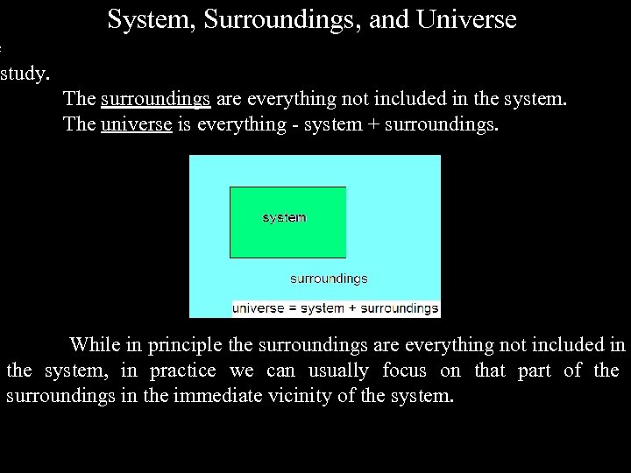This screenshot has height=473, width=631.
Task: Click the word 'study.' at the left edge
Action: coord(25,73)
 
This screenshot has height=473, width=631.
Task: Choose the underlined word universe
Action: coord(136,124)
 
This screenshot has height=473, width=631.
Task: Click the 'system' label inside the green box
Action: coord(284,217)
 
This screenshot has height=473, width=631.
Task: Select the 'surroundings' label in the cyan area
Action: coord(329,279)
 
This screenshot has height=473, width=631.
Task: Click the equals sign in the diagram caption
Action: coord(294,308)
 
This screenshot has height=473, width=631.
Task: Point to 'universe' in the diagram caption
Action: coord(259,308)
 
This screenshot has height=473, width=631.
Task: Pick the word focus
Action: coord(404,371)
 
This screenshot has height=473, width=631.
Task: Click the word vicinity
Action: coord(303,396)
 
